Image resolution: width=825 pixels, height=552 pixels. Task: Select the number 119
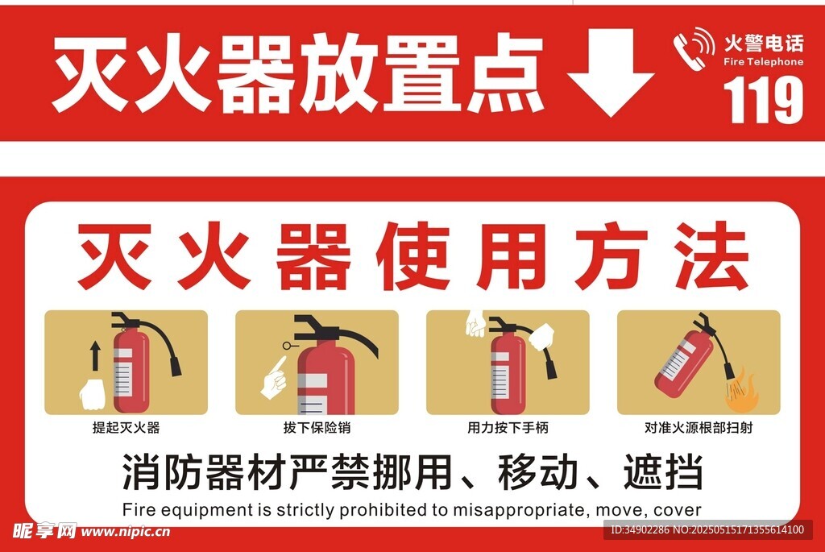coord(764,98)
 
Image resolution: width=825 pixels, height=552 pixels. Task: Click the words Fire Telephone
coord(764,61)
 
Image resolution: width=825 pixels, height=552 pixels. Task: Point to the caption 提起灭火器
coord(126,427)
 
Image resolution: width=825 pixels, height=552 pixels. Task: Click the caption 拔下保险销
coord(317,427)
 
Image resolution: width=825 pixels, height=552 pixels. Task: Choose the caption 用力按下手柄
coord(508,427)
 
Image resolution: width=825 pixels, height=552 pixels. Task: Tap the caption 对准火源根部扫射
coord(699,427)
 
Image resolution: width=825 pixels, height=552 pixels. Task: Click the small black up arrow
coord(95,355)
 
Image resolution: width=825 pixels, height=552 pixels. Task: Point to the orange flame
coord(743,392)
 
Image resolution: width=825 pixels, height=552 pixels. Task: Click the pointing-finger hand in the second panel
coord(274,378)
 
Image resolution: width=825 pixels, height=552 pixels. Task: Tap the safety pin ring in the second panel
coord(287,346)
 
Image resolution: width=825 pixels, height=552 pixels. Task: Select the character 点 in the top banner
coord(506,72)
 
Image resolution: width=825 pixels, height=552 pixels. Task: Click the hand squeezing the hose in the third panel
coord(541,337)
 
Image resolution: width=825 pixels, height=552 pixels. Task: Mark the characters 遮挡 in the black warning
coord(663,472)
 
